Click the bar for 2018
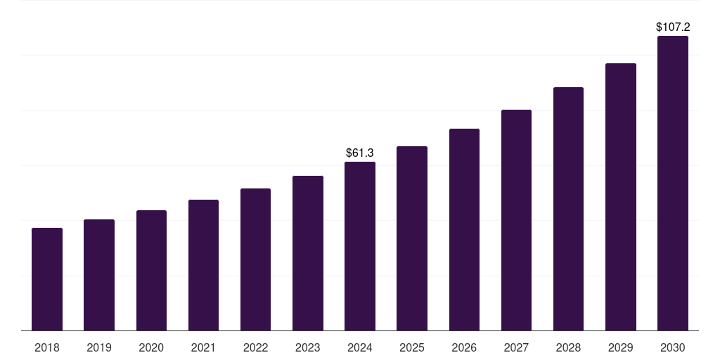point(47,279)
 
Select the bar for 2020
point(151,271)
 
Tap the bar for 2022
point(255,259)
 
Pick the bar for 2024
point(360,246)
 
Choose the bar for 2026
point(464,230)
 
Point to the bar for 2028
point(568,209)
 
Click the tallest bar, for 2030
point(672,184)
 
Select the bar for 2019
point(99,275)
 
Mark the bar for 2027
point(516,220)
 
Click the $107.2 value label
point(672,27)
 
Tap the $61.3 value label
point(360,153)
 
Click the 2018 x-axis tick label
point(47,347)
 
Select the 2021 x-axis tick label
point(203,347)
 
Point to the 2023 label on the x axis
point(307,347)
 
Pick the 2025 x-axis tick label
point(412,347)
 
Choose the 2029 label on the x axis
point(620,347)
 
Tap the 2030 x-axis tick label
point(672,347)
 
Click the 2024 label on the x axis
point(360,347)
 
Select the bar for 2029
point(620,197)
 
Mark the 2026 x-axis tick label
point(464,347)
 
